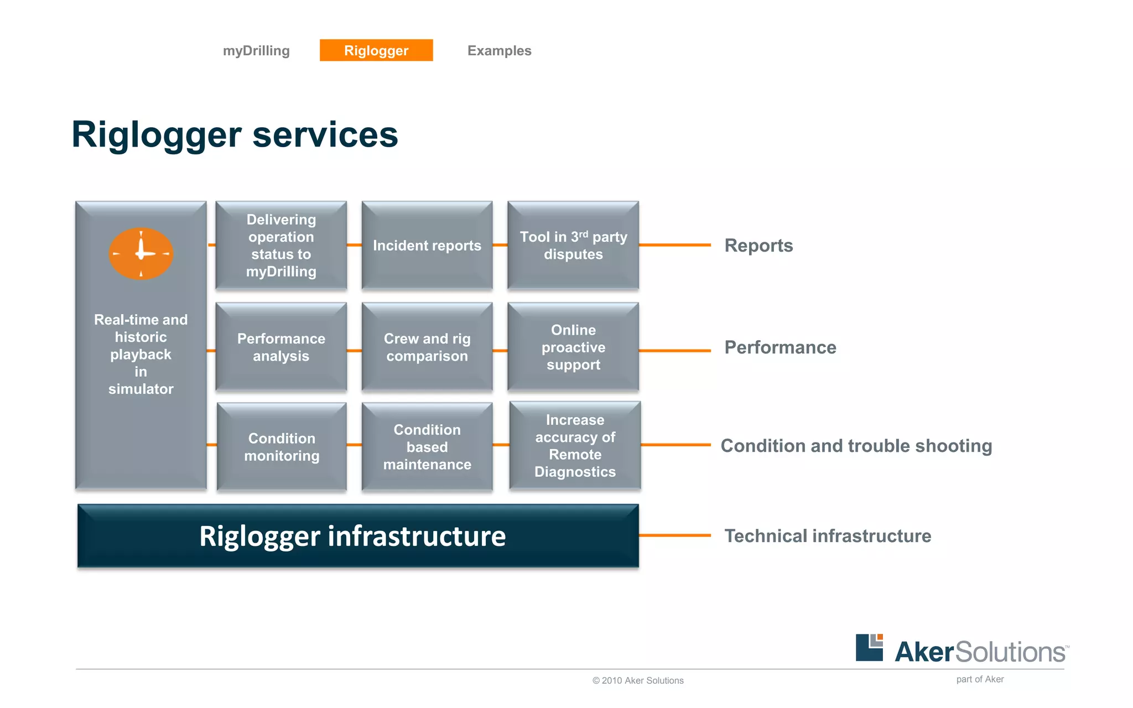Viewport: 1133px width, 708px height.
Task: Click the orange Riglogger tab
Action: pyautogui.click(x=376, y=50)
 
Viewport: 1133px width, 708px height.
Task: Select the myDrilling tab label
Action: pyautogui.click(x=256, y=51)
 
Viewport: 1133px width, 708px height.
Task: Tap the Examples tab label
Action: pyautogui.click(x=499, y=51)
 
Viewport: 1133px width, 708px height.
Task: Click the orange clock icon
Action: pyautogui.click(x=141, y=253)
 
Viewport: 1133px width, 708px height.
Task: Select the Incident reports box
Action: pyautogui.click(x=427, y=246)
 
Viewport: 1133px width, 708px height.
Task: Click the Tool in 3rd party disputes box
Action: pyautogui.click(x=573, y=246)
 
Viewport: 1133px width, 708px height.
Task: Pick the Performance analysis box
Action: pyautogui.click(x=281, y=347)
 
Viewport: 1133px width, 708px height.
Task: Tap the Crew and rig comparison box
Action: pyautogui.click(x=427, y=347)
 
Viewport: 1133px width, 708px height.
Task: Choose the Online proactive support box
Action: pyautogui.click(x=573, y=347)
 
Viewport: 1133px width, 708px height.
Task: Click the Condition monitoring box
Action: pyautogui.click(x=282, y=447)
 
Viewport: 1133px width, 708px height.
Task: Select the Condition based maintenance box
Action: pyautogui.click(x=427, y=447)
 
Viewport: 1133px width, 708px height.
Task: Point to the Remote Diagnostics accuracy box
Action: pyautogui.click(x=575, y=446)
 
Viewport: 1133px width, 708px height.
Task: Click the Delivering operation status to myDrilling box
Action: pyautogui.click(x=281, y=246)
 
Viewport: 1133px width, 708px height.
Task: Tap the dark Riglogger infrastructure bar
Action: pyautogui.click(x=358, y=536)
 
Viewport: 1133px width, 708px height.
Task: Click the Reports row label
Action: pyautogui.click(x=758, y=246)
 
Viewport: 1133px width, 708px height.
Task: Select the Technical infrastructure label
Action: pyautogui.click(x=828, y=536)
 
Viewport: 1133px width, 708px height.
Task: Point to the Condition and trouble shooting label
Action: pyautogui.click(x=856, y=446)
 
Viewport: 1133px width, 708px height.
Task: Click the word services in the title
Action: pyautogui.click(x=325, y=135)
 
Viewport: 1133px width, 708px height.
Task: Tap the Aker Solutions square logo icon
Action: pyautogui.click(x=869, y=648)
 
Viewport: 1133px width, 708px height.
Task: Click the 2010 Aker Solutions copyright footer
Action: pyautogui.click(x=638, y=681)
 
